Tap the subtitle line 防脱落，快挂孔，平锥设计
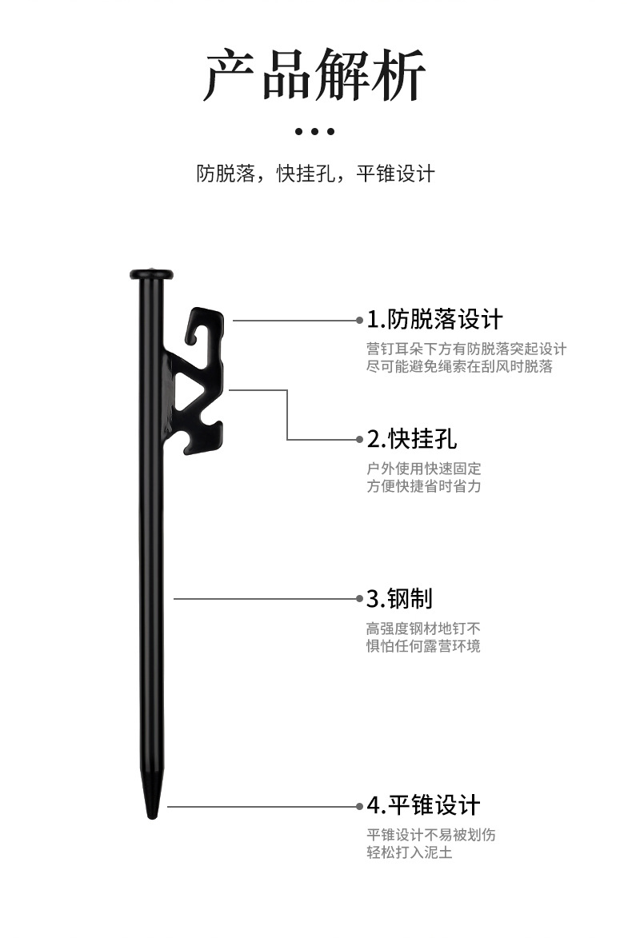[x=315, y=174]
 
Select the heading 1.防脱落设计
[x=435, y=320]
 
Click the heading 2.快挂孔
[x=412, y=438]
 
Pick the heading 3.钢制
[x=399, y=598]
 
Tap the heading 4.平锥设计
[x=423, y=805]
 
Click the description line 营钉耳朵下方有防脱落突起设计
[x=466, y=349]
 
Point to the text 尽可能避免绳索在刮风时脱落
[x=459, y=366]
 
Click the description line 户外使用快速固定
[x=424, y=469]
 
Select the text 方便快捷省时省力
[x=424, y=485]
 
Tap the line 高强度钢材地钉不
[x=424, y=629]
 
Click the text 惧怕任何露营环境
[x=424, y=645]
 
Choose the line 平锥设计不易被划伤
[x=431, y=836]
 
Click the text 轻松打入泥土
[x=410, y=852]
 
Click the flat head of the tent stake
[x=152, y=274]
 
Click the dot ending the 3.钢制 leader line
[x=359, y=598]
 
